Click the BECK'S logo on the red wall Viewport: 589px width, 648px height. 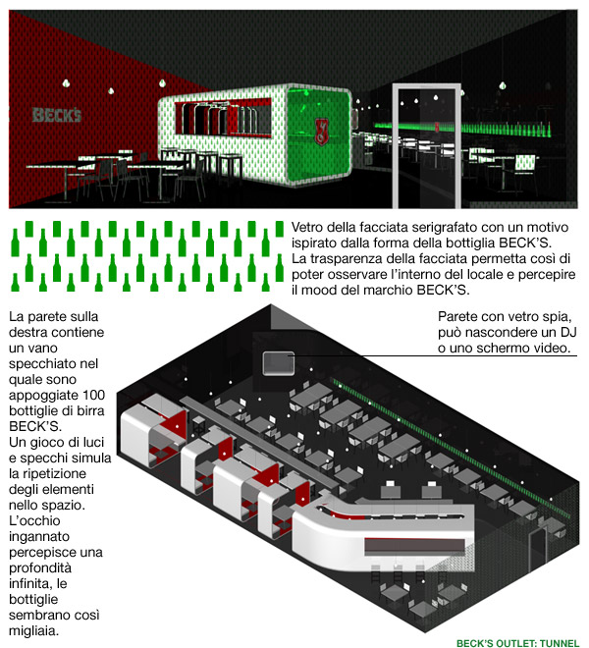coord(57,115)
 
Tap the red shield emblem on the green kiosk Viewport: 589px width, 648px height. coord(321,132)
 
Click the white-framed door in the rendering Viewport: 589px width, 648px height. coord(426,145)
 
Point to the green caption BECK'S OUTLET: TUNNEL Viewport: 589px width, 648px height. coord(517,643)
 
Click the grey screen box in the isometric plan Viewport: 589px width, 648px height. coord(279,363)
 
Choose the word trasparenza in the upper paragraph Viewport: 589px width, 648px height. coord(349,258)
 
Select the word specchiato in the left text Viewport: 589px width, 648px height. coord(53,363)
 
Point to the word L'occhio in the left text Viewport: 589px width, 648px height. coord(34,520)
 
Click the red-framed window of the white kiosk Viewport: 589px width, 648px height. coord(223,119)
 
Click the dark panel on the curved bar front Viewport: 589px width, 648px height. coord(419,547)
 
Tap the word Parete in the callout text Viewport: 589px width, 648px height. coord(457,316)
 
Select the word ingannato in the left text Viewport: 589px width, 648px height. coord(39,536)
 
